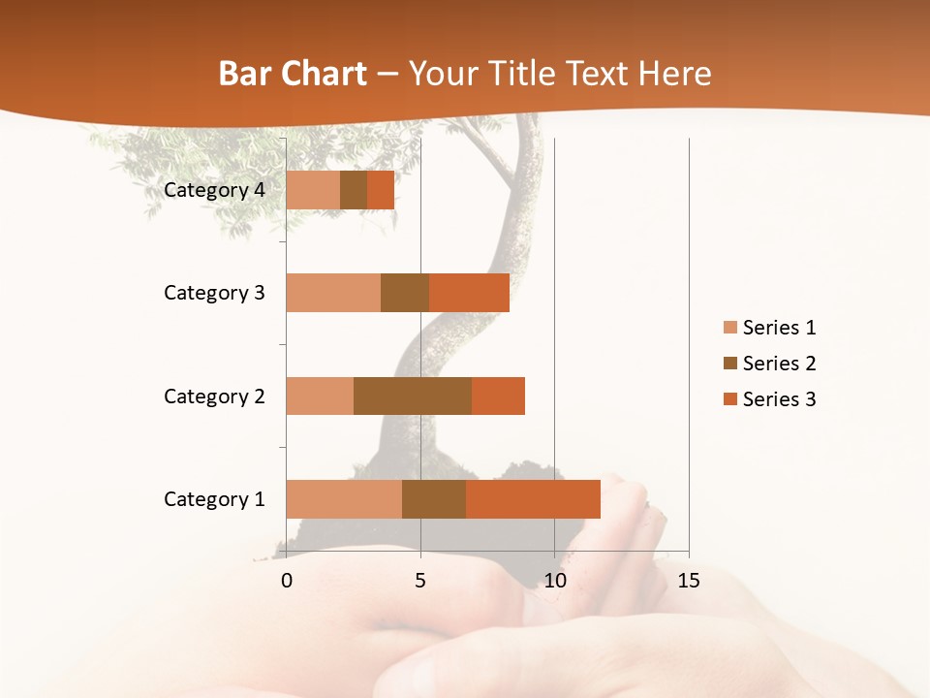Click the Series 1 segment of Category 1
pyautogui.click(x=344, y=499)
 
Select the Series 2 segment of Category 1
pyautogui.click(x=434, y=499)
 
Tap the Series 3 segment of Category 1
pyautogui.click(x=533, y=499)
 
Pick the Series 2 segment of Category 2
pyautogui.click(x=413, y=396)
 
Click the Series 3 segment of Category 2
pyautogui.click(x=498, y=396)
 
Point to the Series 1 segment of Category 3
pyautogui.click(x=333, y=293)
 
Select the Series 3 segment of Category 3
pyautogui.click(x=469, y=293)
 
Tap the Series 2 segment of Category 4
pyautogui.click(x=354, y=190)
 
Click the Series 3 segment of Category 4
pyautogui.click(x=381, y=190)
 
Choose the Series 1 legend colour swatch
pyautogui.click(x=729, y=328)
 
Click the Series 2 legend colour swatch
pyautogui.click(x=729, y=364)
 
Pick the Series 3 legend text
pyautogui.click(x=779, y=399)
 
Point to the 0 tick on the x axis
pyautogui.click(x=287, y=581)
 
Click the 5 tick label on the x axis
pyautogui.click(x=420, y=581)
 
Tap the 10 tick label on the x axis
pyautogui.click(x=554, y=581)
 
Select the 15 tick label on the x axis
pyautogui.click(x=688, y=581)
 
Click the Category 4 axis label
pyautogui.click(x=214, y=190)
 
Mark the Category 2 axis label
pyautogui.click(x=214, y=396)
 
